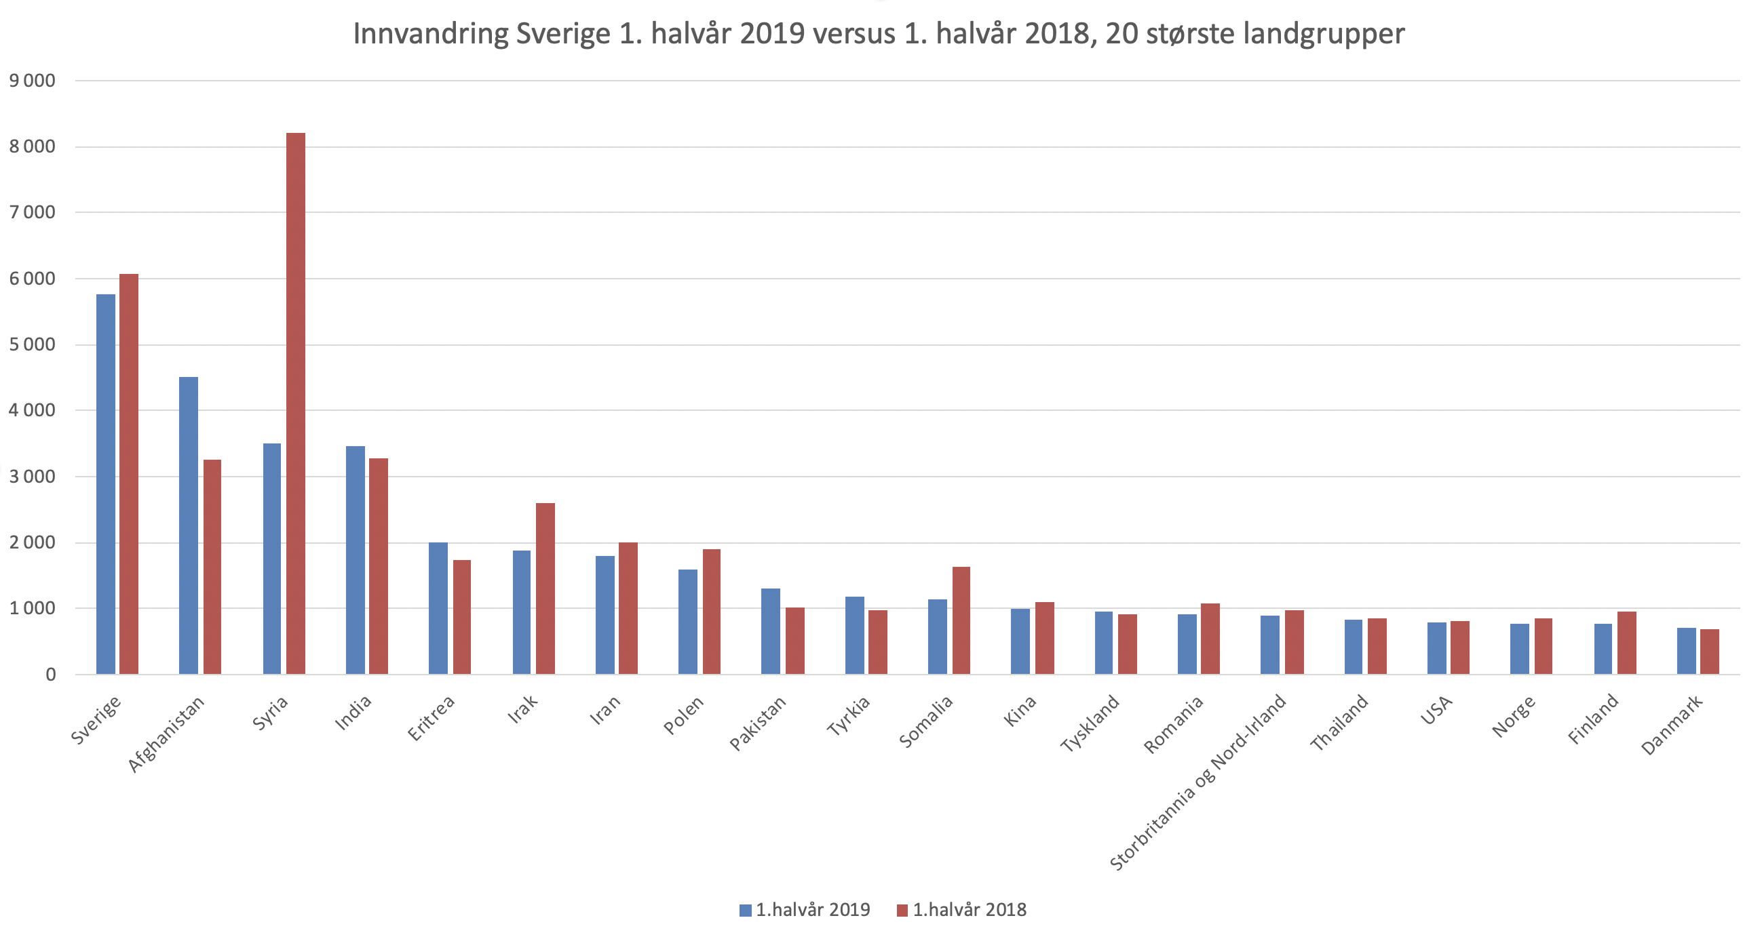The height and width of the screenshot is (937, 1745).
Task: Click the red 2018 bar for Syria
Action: [296, 403]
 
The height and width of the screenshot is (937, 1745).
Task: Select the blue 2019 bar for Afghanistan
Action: [189, 525]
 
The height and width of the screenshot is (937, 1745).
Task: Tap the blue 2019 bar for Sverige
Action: [106, 484]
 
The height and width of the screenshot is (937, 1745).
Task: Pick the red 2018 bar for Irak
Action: [545, 589]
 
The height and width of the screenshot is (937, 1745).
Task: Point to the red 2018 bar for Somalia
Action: [961, 620]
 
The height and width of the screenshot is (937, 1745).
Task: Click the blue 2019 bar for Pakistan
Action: [771, 631]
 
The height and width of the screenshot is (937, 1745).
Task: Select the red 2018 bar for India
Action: [379, 566]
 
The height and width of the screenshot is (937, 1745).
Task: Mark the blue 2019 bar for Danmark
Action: [1687, 651]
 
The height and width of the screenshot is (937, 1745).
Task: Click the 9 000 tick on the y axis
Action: [33, 81]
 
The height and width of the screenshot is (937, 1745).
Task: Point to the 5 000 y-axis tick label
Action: [33, 344]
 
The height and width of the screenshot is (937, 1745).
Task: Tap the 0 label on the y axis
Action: [50, 675]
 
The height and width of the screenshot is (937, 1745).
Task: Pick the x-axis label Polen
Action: [684, 716]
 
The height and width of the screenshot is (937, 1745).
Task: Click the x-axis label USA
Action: [1438, 711]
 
